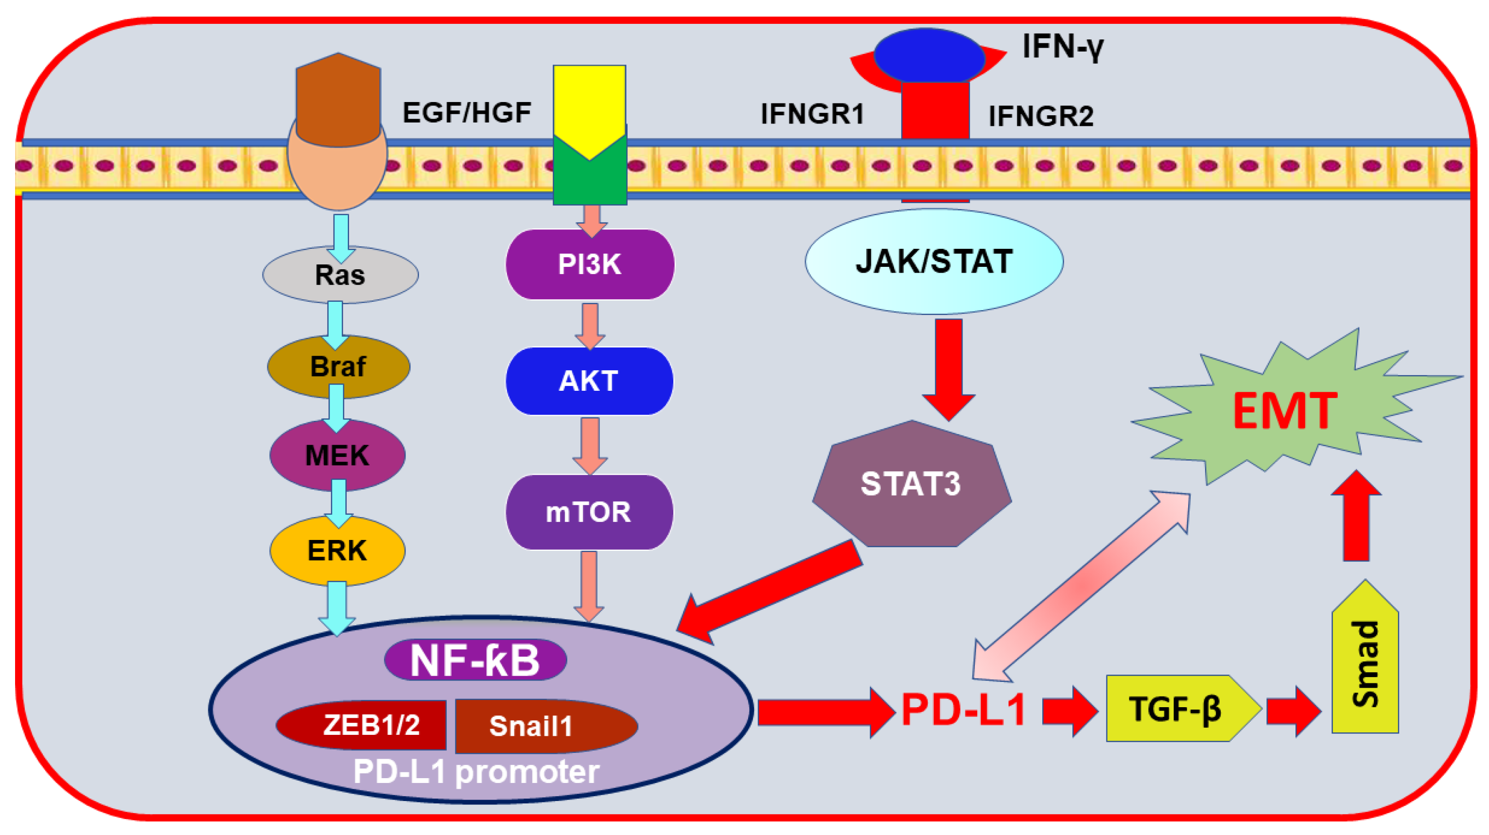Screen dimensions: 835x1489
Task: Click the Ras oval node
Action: (340, 275)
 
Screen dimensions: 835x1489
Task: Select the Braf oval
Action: (338, 366)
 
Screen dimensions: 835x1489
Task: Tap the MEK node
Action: (337, 455)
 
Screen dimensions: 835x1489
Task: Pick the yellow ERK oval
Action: (337, 550)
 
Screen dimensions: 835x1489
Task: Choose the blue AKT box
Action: (589, 382)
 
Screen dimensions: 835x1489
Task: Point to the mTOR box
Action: (589, 512)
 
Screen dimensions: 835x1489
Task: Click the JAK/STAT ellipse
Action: (933, 261)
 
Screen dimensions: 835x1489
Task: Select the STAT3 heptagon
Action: (911, 484)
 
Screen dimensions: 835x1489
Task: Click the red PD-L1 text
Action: (963, 710)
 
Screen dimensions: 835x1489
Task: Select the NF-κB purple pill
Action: (475, 660)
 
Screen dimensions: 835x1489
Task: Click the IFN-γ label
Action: (1062, 46)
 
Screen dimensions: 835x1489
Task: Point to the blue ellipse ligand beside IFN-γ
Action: (929, 56)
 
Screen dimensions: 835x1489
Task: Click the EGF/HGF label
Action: (467, 112)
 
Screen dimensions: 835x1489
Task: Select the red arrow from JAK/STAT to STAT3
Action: (948, 367)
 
